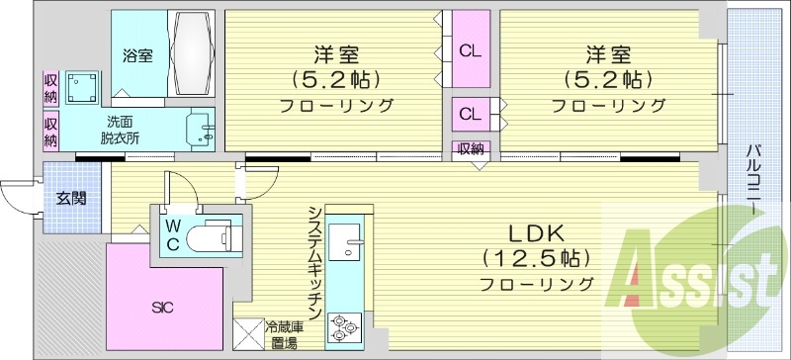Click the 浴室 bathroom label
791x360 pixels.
pyautogui.click(x=136, y=54)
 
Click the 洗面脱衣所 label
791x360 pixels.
pyautogui.click(x=120, y=130)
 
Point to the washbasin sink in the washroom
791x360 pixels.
pyautogui.click(x=206, y=130)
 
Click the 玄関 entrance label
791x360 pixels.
pyautogui.click(x=71, y=198)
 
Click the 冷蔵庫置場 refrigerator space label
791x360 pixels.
pyautogui.click(x=285, y=333)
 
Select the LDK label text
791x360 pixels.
pyautogui.click(x=535, y=234)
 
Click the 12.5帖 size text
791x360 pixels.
pyautogui.click(x=536, y=259)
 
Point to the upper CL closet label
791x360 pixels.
pyautogui.click(x=470, y=49)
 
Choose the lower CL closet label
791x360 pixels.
pyautogui.click(x=470, y=113)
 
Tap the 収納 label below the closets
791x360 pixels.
pyautogui.click(x=471, y=149)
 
